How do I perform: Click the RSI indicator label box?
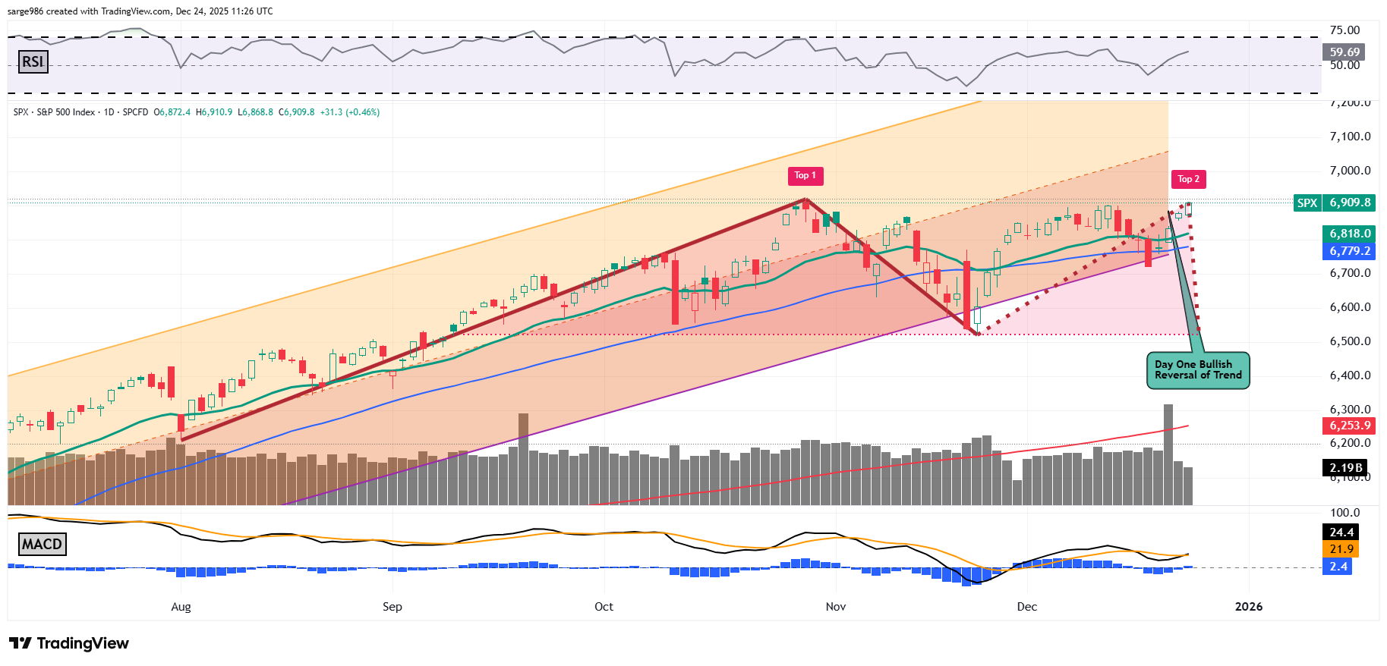tap(33, 61)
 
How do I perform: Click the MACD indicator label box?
tap(42, 544)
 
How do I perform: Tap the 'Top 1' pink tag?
tap(805, 175)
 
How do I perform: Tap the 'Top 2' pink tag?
tap(1188, 179)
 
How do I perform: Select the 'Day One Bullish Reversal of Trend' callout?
tap(1197, 370)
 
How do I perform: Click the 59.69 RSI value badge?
tap(1344, 52)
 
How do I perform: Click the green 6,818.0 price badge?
tap(1349, 234)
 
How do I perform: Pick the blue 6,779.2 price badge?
tap(1349, 251)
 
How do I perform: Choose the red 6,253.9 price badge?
tap(1349, 426)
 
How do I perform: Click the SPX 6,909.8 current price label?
tap(1335, 203)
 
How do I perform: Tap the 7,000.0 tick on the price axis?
tap(1350, 171)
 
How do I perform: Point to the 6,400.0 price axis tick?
tap(1350, 375)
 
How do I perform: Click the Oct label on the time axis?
tap(604, 606)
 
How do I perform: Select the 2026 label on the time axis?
tap(1249, 606)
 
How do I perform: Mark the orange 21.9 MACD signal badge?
tap(1341, 548)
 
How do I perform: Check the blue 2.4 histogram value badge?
tap(1338, 566)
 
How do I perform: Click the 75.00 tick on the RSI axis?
tap(1344, 30)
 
